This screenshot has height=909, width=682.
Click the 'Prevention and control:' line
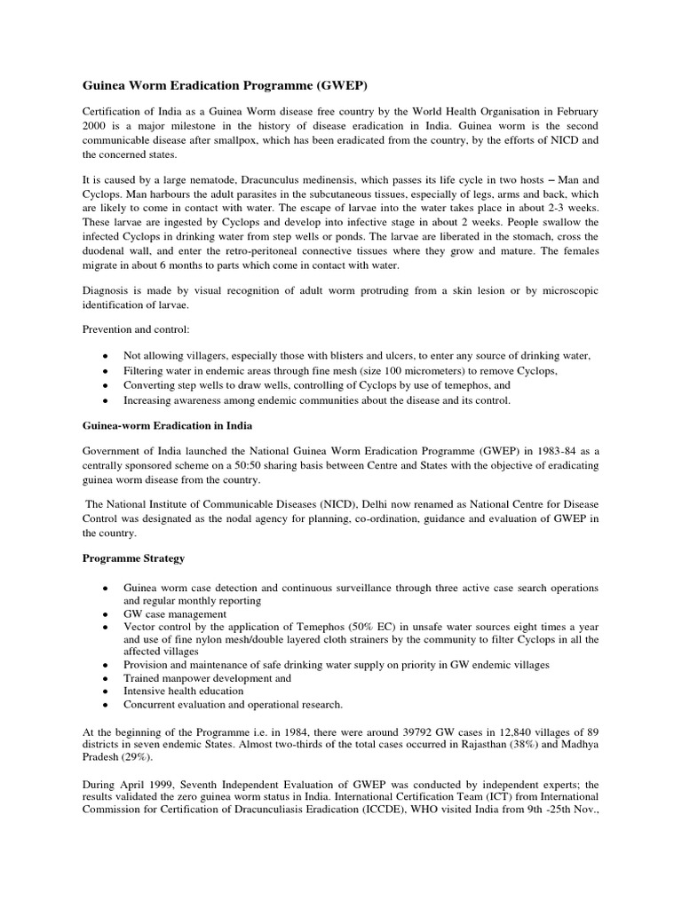[x=136, y=329]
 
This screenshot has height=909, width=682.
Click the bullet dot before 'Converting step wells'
[x=107, y=386]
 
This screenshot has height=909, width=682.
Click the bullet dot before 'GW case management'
[x=107, y=613]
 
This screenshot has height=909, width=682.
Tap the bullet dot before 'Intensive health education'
[x=107, y=691]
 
